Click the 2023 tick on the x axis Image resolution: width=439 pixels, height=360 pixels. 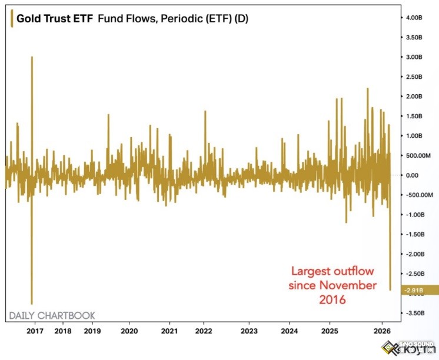(249, 331)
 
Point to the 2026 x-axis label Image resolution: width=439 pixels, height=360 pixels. (383, 331)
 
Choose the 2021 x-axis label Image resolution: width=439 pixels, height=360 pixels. (170, 331)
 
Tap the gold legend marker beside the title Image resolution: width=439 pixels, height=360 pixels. (11, 19)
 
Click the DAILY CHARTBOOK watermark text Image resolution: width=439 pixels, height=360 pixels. (52, 315)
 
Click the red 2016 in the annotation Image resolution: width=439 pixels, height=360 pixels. (332, 299)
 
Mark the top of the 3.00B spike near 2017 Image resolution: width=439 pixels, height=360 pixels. (32, 58)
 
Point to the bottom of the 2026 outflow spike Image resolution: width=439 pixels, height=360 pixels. (390, 289)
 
